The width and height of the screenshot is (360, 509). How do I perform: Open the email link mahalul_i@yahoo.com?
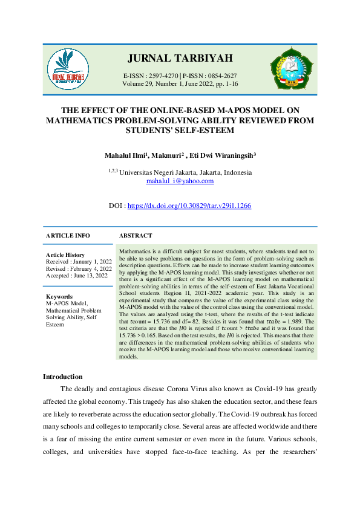pyautogui.click(x=180, y=181)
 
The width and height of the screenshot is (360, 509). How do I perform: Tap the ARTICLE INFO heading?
pyautogui.click(x=68, y=236)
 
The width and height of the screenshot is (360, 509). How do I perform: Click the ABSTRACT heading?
pyautogui.click(x=136, y=236)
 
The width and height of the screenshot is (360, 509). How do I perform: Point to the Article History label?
pyautogui.click(x=65, y=255)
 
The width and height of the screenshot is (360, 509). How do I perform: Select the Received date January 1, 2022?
pyautogui.click(x=90, y=262)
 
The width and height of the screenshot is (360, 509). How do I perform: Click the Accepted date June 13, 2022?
pyautogui.click(x=91, y=275)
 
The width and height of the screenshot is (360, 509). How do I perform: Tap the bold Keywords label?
pyautogui.click(x=59, y=297)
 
